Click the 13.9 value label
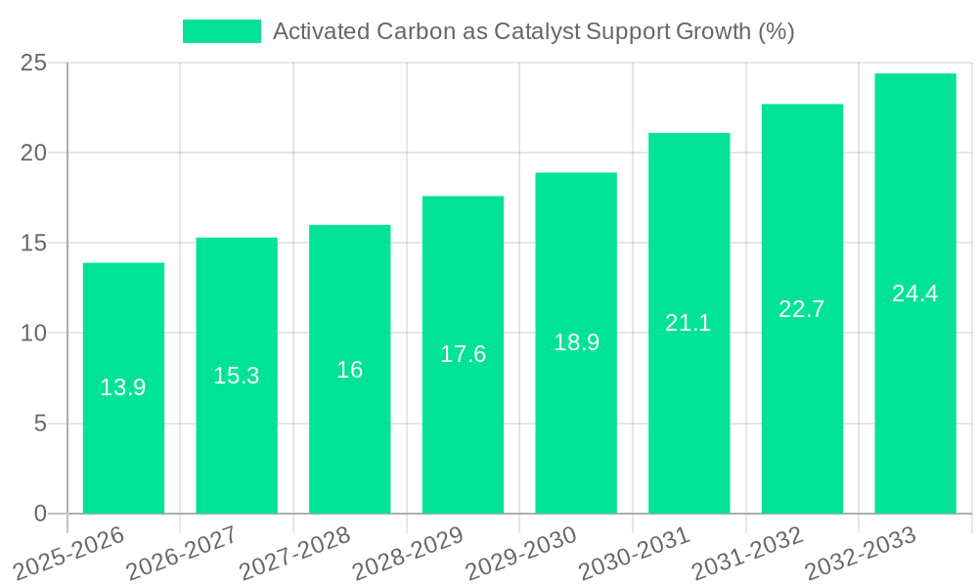[x=123, y=387]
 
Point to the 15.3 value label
[x=237, y=376]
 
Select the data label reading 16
[x=349, y=370]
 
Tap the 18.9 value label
[x=576, y=342]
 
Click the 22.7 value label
[x=802, y=309]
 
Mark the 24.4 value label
[x=915, y=293]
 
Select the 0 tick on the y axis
[x=40, y=514]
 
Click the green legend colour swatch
[x=222, y=31]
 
